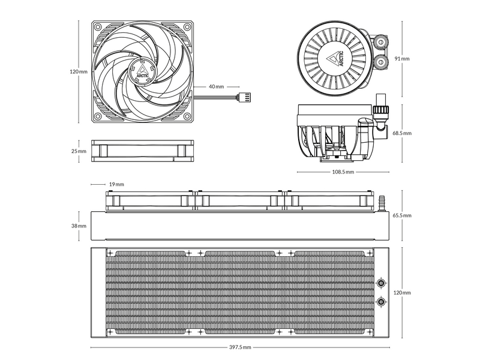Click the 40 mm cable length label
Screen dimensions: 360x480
click(x=216, y=86)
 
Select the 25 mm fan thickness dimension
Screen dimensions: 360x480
click(x=79, y=151)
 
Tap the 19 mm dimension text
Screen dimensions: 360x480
click(x=116, y=184)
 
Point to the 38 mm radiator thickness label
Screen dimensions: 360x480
click(x=79, y=226)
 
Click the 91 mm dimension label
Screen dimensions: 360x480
click(x=402, y=59)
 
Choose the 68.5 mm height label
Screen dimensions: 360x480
click(x=402, y=133)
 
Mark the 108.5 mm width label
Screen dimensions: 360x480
click(x=342, y=172)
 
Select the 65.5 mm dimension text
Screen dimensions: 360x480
click(x=402, y=215)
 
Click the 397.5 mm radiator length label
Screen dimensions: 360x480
click(x=239, y=347)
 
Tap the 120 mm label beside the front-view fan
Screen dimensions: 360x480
click(x=79, y=71)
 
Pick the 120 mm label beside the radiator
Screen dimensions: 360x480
click(x=402, y=293)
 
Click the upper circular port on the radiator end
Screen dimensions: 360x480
click(x=381, y=283)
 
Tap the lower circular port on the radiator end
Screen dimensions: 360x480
click(x=381, y=302)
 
